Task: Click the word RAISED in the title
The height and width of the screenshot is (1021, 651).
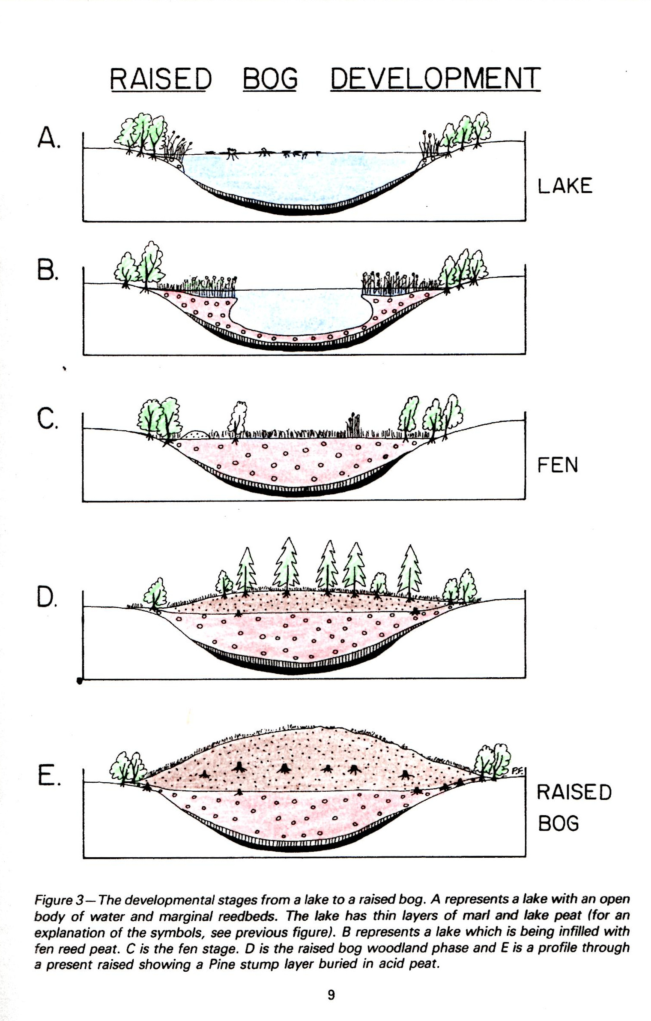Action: [161, 79]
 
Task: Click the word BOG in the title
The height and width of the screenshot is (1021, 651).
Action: [270, 79]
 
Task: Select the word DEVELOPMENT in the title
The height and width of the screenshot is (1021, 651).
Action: [435, 79]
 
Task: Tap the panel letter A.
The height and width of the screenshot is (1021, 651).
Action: [48, 138]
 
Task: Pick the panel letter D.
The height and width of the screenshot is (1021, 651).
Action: [46, 597]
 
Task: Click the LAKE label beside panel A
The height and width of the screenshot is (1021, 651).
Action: [565, 186]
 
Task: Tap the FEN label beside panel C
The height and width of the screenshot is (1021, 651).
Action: [557, 465]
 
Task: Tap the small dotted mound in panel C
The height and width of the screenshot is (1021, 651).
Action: [195, 434]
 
